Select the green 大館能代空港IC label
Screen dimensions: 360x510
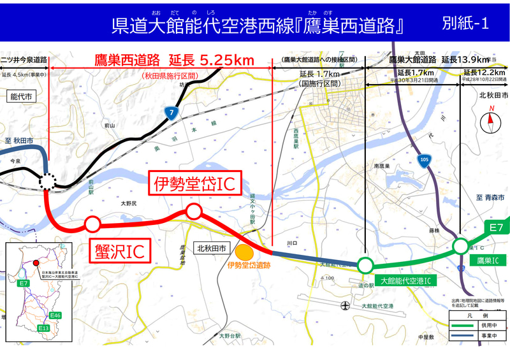[406, 280]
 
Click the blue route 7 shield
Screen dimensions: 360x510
[170, 113]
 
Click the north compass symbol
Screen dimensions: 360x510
[491, 119]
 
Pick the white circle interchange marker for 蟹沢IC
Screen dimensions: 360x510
[92, 224]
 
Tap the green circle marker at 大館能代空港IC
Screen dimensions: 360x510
[365, 264]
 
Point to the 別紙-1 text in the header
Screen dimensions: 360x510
[465, 24]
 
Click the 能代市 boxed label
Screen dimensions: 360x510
[21, 96]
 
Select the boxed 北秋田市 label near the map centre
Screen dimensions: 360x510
[211, 249]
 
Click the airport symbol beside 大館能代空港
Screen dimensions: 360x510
[345, 306]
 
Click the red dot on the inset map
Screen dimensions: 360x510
[36, 262]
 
